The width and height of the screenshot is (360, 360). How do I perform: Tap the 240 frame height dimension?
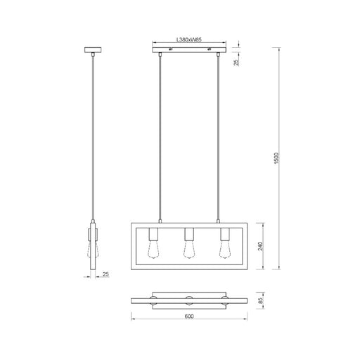point(259,247)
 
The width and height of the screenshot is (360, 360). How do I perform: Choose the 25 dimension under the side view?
point(106,275)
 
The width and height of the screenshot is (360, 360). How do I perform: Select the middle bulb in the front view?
point(188,248)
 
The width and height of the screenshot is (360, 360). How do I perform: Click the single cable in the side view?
point(92,141)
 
